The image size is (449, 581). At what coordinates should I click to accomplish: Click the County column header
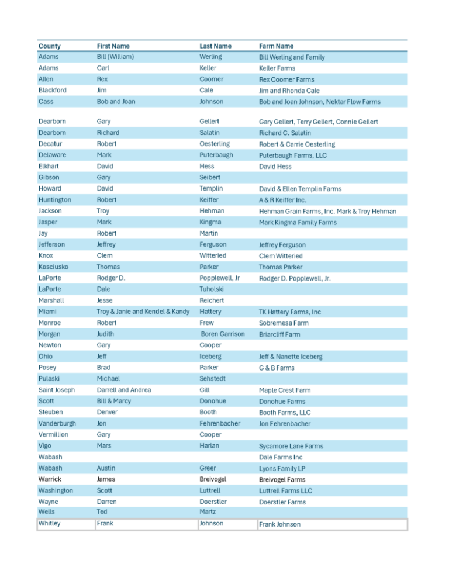point(49,46)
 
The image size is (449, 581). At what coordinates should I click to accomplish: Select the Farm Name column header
point(277,46)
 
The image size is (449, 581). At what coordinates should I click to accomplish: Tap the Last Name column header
point(215,46)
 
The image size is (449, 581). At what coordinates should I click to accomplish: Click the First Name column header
point(113,46)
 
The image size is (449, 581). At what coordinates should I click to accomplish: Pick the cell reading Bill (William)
point(116,57)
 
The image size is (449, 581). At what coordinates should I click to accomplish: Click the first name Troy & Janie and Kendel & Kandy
point(143,312)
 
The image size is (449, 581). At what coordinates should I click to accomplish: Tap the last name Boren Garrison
point(223,334)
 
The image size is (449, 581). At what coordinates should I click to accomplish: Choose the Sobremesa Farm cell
point(284,323)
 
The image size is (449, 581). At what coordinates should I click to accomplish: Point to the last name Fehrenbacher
point(220,423)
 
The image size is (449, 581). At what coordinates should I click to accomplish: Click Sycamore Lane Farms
point(291,446)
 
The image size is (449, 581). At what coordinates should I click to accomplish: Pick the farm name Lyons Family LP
point(283,469)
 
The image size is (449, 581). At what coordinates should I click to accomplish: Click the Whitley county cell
point(49,523)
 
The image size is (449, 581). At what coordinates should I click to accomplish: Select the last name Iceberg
point(211,356)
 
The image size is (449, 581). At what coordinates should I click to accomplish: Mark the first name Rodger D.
point(111,278)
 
